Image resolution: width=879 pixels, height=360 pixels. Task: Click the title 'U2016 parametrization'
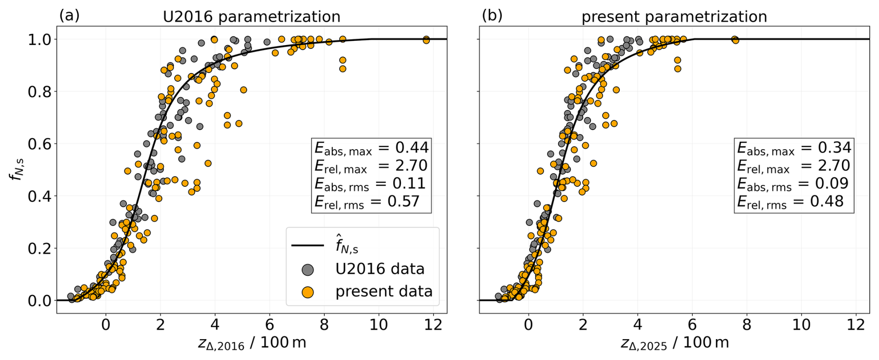tap(251, 17)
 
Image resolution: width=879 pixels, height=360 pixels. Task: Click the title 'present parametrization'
tap(674, 17)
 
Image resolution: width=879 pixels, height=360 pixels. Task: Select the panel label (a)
tap(69, 15)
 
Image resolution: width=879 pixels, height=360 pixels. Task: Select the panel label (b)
tap(492, 15)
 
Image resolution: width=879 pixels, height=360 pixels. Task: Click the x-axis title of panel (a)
tap(252, 343)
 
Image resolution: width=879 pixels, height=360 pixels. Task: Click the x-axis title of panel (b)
tap(675, 343)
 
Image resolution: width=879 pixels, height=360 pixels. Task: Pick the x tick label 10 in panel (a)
tap(379, 325)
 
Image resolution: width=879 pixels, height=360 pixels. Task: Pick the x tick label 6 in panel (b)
tap(692, 325)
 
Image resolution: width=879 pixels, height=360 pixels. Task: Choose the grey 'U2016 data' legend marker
tap(308, 269)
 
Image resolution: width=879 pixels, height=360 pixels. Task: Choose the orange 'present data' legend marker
tap(308, 292)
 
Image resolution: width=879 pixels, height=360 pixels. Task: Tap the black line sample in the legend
tap(308, 245)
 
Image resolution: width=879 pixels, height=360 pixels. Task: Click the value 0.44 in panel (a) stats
tap(412, 148)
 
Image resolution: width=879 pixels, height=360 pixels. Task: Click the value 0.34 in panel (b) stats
tap(834, 148)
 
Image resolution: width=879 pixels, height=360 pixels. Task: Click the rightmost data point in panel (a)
tap(426, 40)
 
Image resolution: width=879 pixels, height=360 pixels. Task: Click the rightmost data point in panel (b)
tap(735, 40)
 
